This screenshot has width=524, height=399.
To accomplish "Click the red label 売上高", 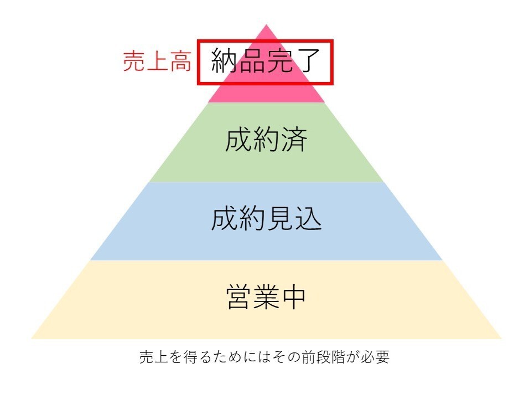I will [x=157, y=62].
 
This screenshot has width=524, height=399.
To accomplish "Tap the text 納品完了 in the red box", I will [x=266, y=62].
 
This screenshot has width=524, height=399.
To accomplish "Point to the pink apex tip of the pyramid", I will [x=266, y=30].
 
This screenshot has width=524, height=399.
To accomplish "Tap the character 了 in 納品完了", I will [x=308, y=62].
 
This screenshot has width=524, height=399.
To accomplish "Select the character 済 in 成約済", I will [x=293, y=141].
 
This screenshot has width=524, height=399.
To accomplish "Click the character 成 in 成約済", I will [x=238, y=141].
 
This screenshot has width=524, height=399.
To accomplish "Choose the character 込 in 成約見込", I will [x=308, y=220].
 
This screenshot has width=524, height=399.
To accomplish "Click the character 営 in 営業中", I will [x=238, y=298].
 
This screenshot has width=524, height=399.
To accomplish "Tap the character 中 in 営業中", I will [x=293, y=298].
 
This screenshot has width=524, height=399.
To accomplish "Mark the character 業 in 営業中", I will [x=266, y=298].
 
